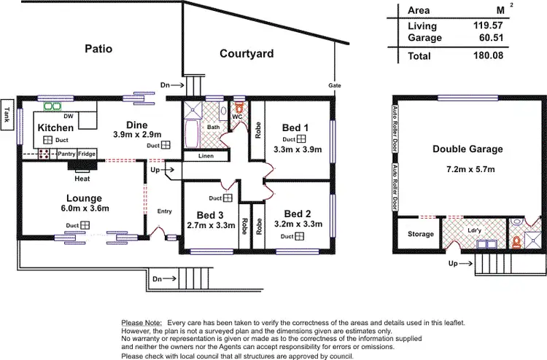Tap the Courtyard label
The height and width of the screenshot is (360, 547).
coord(247,53)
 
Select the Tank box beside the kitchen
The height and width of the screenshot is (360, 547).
coord(7,114)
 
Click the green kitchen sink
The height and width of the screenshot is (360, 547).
coord(52,106)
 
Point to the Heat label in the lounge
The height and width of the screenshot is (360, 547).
coord(82,178)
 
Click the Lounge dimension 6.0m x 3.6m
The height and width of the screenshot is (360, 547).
coord(82,210)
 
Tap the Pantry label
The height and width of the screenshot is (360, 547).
coord(67,154)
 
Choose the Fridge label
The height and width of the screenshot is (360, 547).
coord(87,154)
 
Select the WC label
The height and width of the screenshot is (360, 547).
coord(237,117)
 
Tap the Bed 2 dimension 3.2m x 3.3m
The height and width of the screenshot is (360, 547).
coord(298,224)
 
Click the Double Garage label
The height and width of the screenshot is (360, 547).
coord(468,149)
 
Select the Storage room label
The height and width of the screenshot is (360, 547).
coord(420,234)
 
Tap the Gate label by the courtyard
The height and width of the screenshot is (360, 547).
coord(335,85)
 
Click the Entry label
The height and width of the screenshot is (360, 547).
coord(165,211)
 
